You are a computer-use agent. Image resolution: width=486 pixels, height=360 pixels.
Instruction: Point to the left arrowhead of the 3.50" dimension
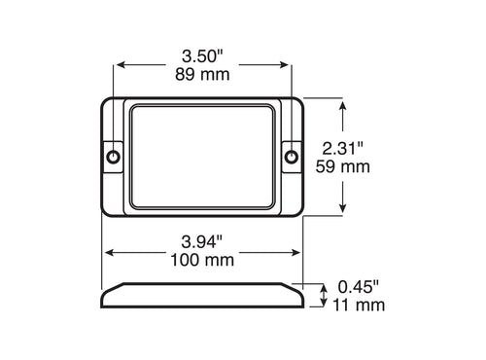pos(121,66)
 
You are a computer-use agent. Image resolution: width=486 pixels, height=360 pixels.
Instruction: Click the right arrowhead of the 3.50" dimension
pos(287,66)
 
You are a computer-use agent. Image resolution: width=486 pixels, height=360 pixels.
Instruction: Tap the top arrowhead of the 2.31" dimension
pos(341,100)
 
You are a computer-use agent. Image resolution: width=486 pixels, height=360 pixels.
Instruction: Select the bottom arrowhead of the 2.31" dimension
pos(341,210)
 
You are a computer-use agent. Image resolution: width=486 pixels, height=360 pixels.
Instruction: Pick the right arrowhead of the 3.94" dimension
pos(299,252)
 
